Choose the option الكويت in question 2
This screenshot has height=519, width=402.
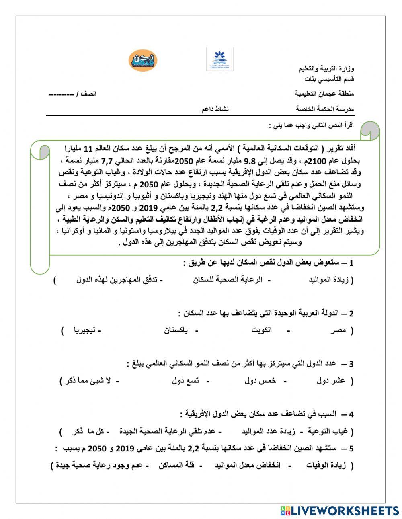[261, 330]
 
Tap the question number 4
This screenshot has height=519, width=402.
[351, 414]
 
